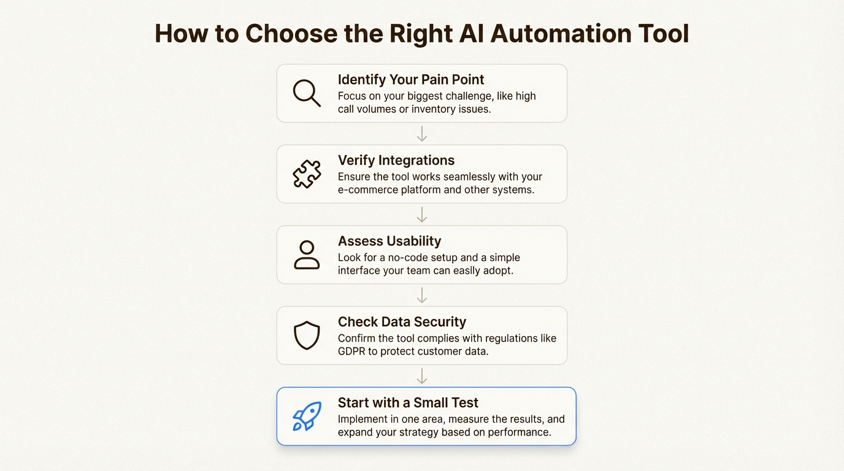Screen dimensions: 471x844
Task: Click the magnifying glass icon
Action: (x=307, y=93)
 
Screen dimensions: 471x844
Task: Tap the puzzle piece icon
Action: (x=307, y=174)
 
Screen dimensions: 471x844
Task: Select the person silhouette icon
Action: (x=307, y=255)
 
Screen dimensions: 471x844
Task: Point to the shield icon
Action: (x=307, y=336)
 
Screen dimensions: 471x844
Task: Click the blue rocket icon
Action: (x=307, y=417)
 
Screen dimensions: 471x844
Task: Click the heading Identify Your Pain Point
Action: (x=411, y=80)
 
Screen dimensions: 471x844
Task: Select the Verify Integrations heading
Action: (x=396, y=161)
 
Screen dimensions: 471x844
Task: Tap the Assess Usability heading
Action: (x=389, y=242)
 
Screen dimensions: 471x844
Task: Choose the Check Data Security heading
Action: (x=402, y=323)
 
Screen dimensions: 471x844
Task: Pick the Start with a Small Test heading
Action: (x=408, y=404)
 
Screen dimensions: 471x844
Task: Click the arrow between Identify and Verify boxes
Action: (x=422, y=134)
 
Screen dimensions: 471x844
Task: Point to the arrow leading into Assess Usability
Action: (x=422, y=215)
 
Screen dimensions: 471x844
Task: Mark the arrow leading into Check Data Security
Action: (x=422, y=296)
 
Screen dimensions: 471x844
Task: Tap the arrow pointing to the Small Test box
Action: (x=422, y=377)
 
